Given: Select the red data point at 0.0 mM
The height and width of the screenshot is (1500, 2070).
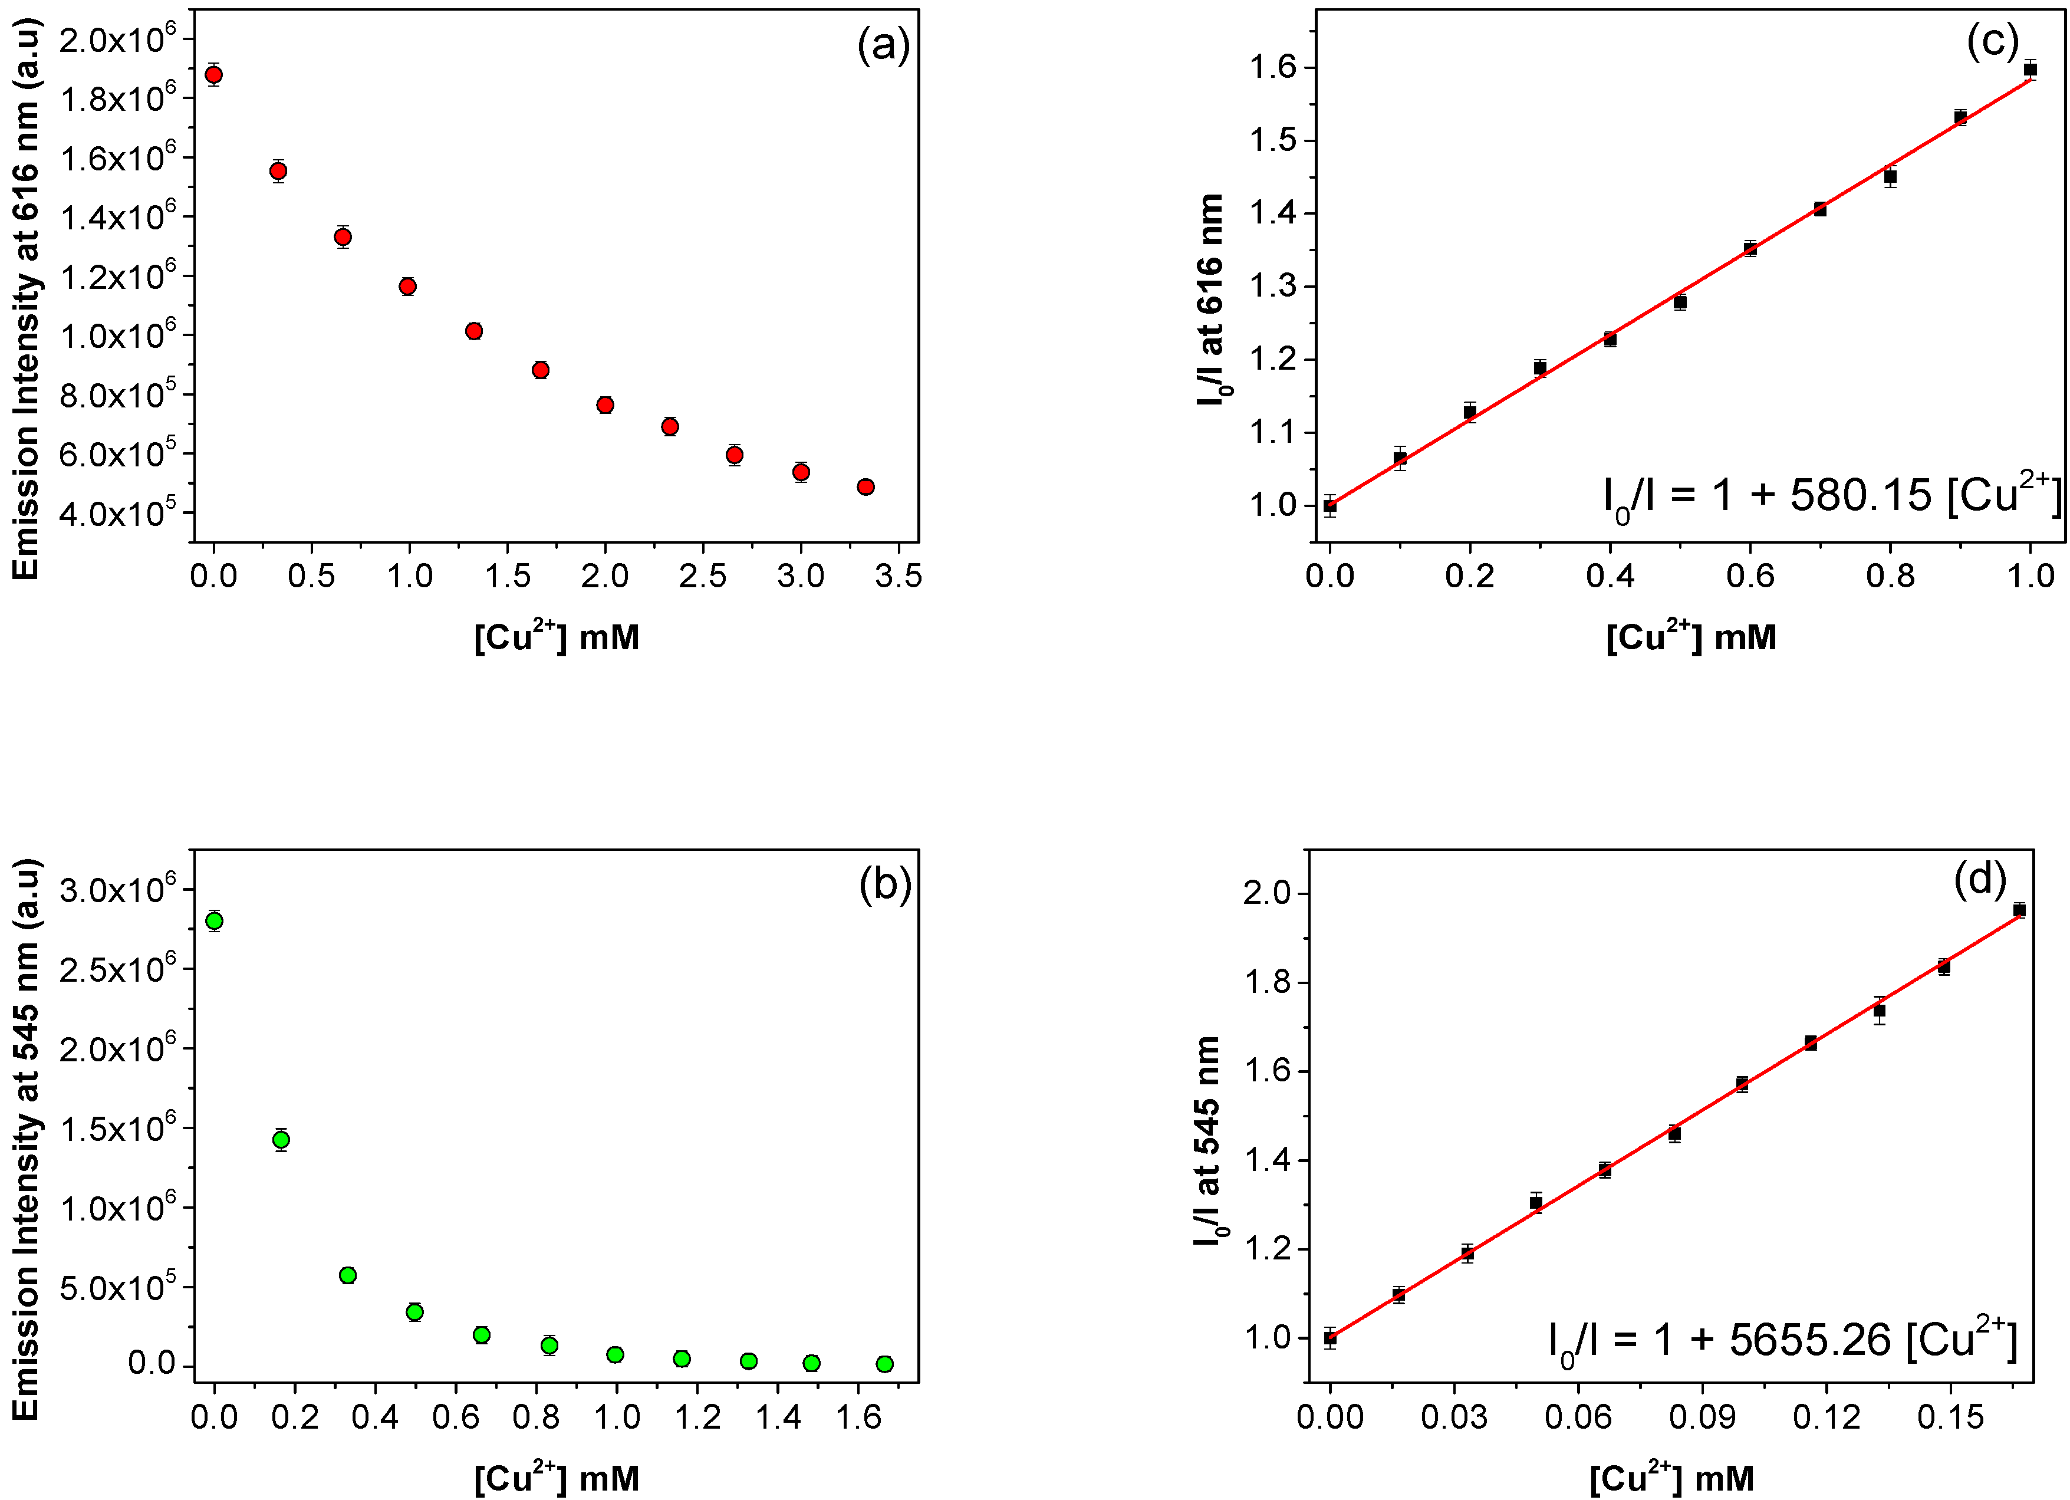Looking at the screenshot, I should coord(213,75).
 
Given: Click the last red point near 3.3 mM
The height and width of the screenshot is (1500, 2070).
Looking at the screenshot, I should coord(865,486).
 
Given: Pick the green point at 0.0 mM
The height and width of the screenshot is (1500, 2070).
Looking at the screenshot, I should coord(215,920).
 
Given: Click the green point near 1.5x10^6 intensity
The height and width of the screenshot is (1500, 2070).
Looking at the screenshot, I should coord(281,1139).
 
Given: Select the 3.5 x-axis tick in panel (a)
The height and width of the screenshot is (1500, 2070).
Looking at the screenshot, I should coord(898,576).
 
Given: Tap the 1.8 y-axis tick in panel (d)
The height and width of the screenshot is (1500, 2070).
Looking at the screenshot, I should coord(1269,982).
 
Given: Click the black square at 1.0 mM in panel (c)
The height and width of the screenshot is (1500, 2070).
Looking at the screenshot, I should coord(2030,70).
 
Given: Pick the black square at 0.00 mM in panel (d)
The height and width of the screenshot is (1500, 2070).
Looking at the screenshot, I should coord(1331,1338).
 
